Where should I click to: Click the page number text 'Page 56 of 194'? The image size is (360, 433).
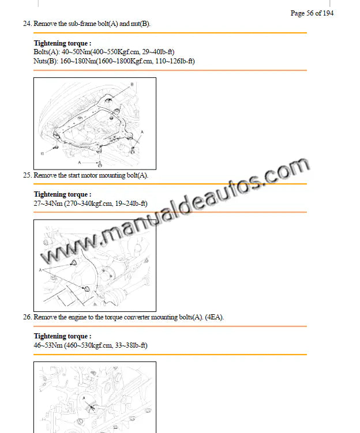(312, 13)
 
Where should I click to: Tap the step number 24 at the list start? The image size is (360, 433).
(27, 24)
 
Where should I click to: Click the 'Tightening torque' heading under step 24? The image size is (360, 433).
(62, 43)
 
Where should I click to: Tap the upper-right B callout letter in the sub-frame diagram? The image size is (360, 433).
(132, 84)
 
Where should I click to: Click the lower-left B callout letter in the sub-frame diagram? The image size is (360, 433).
(42, 153)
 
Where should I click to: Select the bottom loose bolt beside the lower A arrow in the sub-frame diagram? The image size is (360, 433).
(100, 164)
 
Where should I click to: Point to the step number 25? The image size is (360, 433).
(27, 175)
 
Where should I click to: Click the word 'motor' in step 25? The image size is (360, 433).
(89, 175)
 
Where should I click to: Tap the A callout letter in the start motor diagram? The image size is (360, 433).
(40, 270)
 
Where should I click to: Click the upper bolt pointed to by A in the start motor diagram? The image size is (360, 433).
(74, 263)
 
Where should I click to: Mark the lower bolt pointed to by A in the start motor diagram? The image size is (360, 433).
(87, 289)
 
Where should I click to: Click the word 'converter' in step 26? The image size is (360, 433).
(137, 317)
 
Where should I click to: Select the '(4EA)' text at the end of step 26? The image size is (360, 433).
(214, 317)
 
